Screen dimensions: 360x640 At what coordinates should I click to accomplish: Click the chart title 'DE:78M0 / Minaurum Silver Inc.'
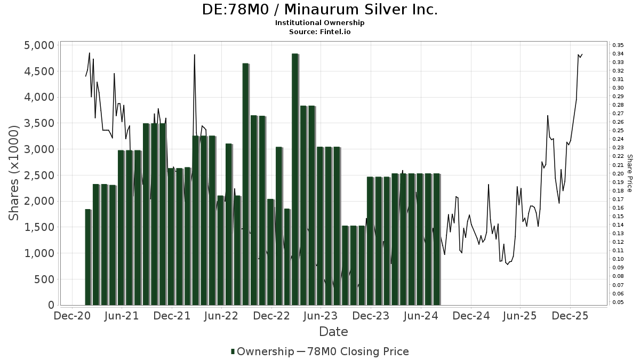[319, 10]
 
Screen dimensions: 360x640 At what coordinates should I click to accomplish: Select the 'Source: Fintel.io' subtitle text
[319, 32]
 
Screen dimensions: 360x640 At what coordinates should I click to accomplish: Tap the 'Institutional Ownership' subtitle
[319, 23]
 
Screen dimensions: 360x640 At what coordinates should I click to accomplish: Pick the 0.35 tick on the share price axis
[618, 45]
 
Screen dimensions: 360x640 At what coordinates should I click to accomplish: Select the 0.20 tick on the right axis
[618, 173]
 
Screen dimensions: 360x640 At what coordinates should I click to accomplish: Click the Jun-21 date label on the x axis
[122, 316]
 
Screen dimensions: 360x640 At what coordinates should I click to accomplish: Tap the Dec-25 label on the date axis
[570, 316]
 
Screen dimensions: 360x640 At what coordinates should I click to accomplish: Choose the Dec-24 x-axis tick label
[471, 316]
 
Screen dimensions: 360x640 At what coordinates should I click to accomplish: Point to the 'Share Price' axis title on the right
[629, 173]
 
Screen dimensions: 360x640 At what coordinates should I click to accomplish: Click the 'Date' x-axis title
[333, 332]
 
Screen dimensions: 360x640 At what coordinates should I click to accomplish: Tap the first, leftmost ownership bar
[88, 257]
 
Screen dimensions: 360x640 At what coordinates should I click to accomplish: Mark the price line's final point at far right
[582, 54]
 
